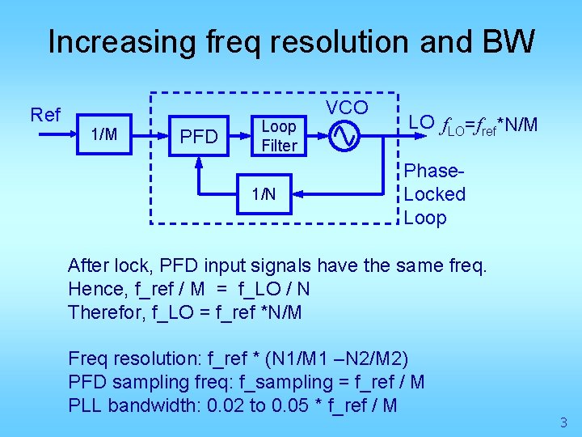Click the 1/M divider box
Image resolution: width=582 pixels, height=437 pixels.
104,134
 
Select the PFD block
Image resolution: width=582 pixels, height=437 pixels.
199,137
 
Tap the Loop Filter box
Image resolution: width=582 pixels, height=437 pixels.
279,136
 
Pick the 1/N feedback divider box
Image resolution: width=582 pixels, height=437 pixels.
264,194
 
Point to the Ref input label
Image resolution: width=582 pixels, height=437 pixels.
45,115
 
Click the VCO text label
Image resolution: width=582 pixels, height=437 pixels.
347,108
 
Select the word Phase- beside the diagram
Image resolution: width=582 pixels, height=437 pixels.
434,172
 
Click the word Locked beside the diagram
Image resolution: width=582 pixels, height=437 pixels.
435,194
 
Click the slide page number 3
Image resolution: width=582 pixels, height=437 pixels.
563,422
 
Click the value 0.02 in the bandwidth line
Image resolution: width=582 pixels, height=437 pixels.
226,405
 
